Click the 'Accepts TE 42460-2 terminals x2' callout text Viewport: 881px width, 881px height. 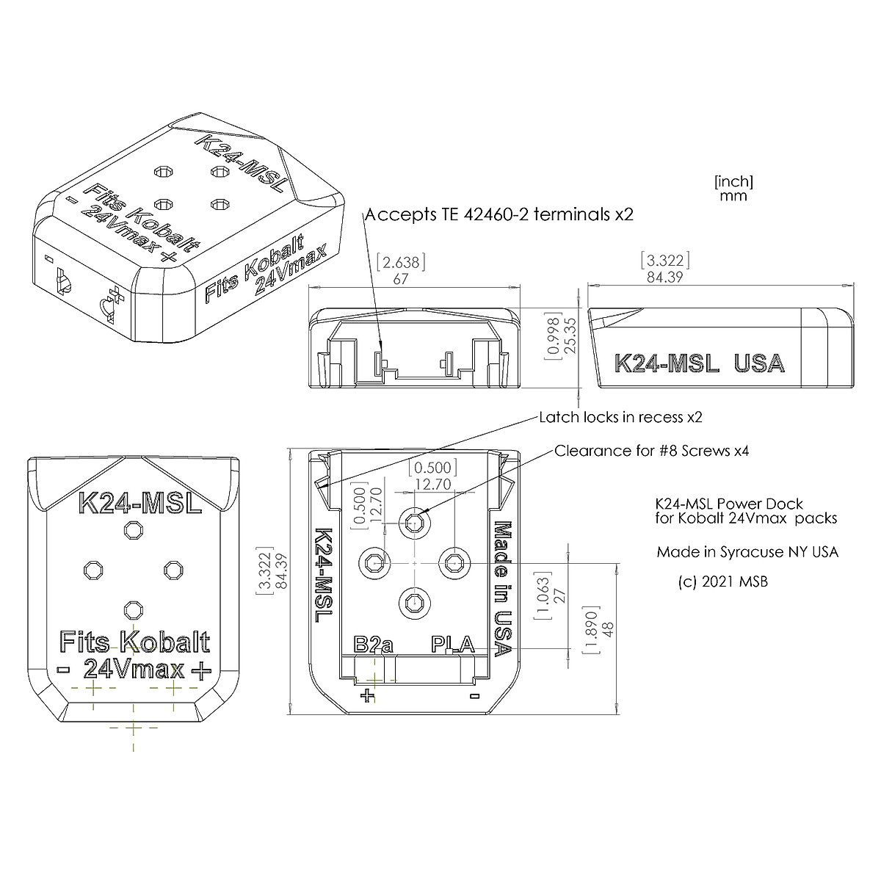[498, 214]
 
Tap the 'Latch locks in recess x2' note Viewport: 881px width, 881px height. [620, 417]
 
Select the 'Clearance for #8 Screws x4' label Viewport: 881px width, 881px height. [651, 450]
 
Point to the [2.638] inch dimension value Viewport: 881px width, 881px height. [400, 262]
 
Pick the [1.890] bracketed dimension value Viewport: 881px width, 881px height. [588, 628]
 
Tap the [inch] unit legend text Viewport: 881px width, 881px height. [733, 181]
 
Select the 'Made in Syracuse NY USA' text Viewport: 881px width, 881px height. [747, 551]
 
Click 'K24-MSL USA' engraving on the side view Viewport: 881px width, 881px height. [699, 363]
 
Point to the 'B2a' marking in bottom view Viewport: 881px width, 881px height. [373, 645]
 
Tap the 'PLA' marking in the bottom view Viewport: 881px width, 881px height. [452, 645]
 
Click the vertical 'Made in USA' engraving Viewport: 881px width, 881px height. [503, 588]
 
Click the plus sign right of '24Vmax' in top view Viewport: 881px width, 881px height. [199, 669]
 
